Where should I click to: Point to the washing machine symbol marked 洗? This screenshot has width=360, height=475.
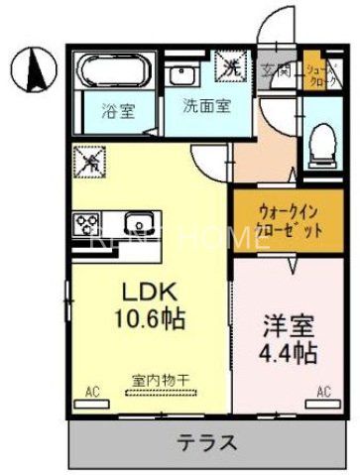point(231,68)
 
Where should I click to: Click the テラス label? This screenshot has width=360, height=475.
point(207,441)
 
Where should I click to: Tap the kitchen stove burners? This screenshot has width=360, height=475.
point(86,223)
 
